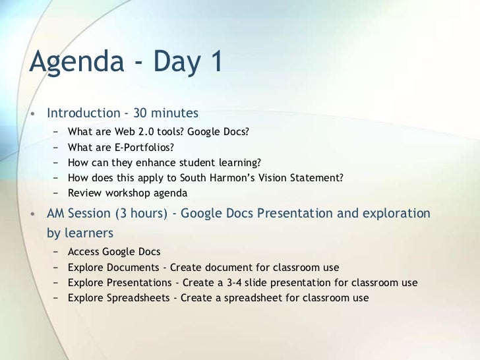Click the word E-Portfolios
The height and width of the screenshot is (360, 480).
(147, 146)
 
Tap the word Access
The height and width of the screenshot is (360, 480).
(82, 252)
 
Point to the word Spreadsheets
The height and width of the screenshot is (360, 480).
(135, 298)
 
